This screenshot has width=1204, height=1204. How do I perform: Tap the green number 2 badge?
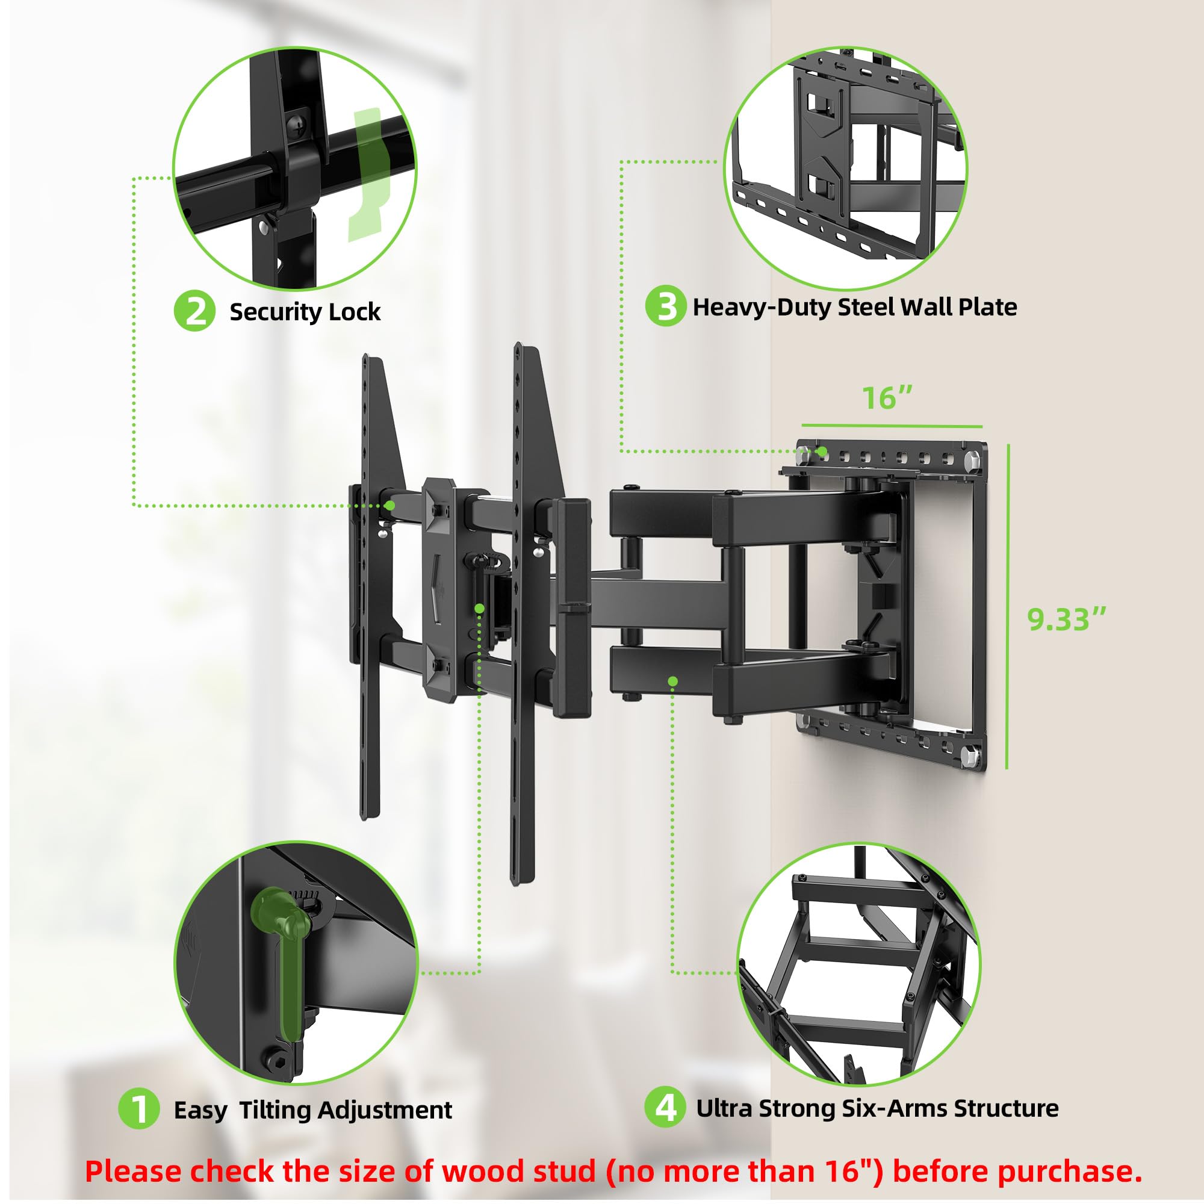194,311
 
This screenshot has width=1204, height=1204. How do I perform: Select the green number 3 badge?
666,306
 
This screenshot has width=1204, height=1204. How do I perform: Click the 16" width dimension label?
887,397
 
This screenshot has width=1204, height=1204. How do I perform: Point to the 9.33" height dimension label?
1066,619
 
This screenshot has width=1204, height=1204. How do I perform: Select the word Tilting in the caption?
277,1111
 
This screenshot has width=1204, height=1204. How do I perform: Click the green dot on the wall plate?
822,450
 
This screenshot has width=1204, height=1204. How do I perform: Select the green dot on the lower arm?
672,681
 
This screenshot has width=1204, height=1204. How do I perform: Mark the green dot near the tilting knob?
479,607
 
